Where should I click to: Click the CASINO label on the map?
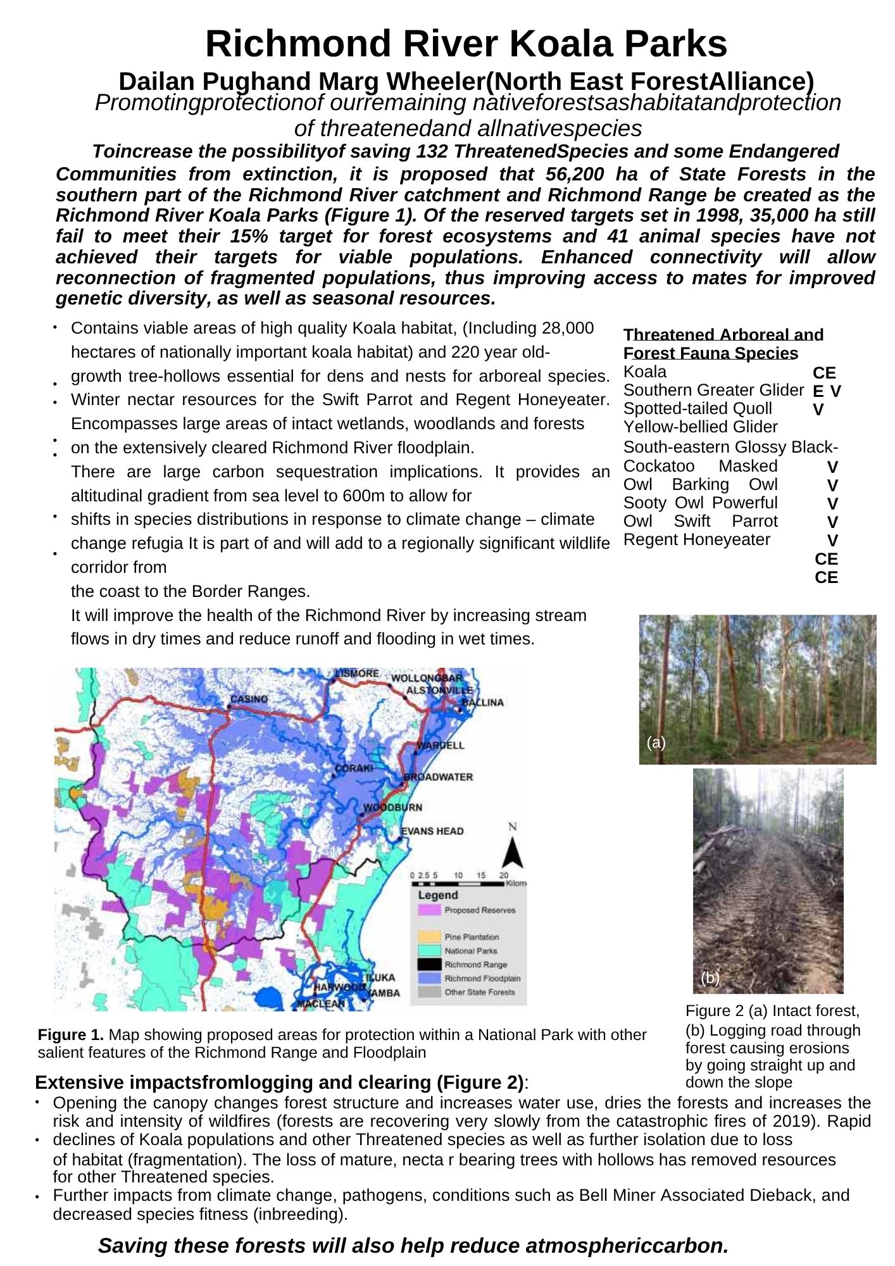coord(249,699)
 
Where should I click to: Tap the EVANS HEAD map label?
coord(432,831)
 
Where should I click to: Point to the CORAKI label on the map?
coord(354,768)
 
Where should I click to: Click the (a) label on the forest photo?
coord(656,743)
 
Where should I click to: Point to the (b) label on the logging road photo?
coord(710,978)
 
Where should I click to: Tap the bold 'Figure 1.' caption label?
coord(71,1035)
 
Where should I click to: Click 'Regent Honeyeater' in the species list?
coord(697,540)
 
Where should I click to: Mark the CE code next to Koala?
coord(824,373)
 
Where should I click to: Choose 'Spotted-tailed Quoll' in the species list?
coord(698,409)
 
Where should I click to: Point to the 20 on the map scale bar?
coord(504,875)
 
